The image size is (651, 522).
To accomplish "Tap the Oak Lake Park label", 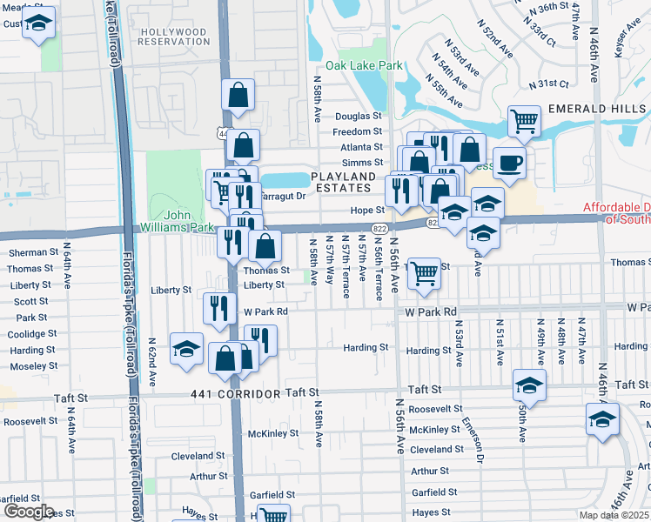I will click(365, 66).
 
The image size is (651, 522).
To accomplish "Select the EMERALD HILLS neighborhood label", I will click(598, 108).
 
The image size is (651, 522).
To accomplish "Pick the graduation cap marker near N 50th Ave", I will click(530, 384).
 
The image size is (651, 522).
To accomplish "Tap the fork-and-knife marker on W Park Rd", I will click(219, 308).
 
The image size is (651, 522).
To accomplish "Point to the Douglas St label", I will click(359, 116).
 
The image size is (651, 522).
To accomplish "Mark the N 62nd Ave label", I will click(151, 361).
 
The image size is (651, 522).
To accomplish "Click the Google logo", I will click(29, 511).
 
